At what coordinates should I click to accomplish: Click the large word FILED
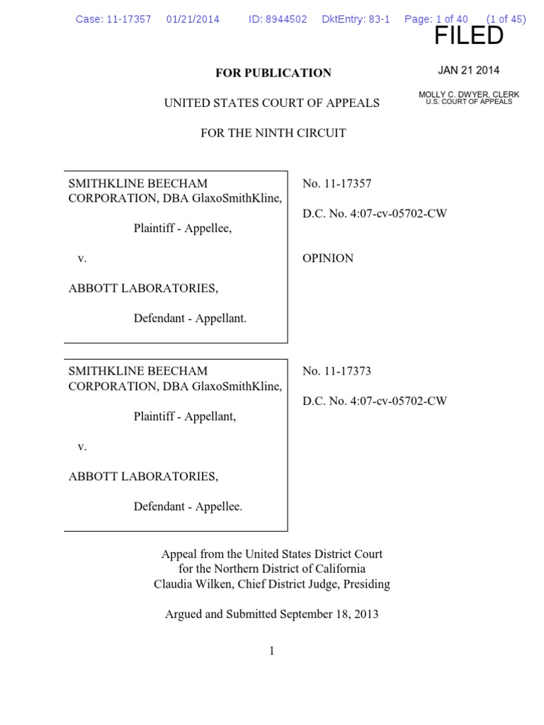(x=468, y=36)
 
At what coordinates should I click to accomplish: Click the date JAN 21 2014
(x=468, y=70)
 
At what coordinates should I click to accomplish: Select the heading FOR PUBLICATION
(x=273, y=73)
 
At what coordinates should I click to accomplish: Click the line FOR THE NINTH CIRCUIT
(x=273, y=133)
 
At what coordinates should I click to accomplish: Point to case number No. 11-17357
(x=336, y=183)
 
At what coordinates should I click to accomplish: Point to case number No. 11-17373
(x=336, y=370)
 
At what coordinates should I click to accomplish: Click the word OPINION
(x=328, y=258)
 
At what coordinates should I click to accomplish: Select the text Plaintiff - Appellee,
(x=183, y=229)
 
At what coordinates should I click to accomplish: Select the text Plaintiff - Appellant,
(x=185, y=416)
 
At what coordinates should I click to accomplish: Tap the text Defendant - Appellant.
(x=191, y=319)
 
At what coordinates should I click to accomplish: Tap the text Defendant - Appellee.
(x=188, y=506)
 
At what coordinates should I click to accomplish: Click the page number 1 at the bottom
(x=272, y=651)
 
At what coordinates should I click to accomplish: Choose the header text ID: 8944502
(x=278, y=19)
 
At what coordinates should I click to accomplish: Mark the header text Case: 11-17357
(x=113, y=19)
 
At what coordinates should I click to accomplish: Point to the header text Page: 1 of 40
(x=436, y=19)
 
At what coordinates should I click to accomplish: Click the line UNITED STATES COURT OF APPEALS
(x=272, y=103)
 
